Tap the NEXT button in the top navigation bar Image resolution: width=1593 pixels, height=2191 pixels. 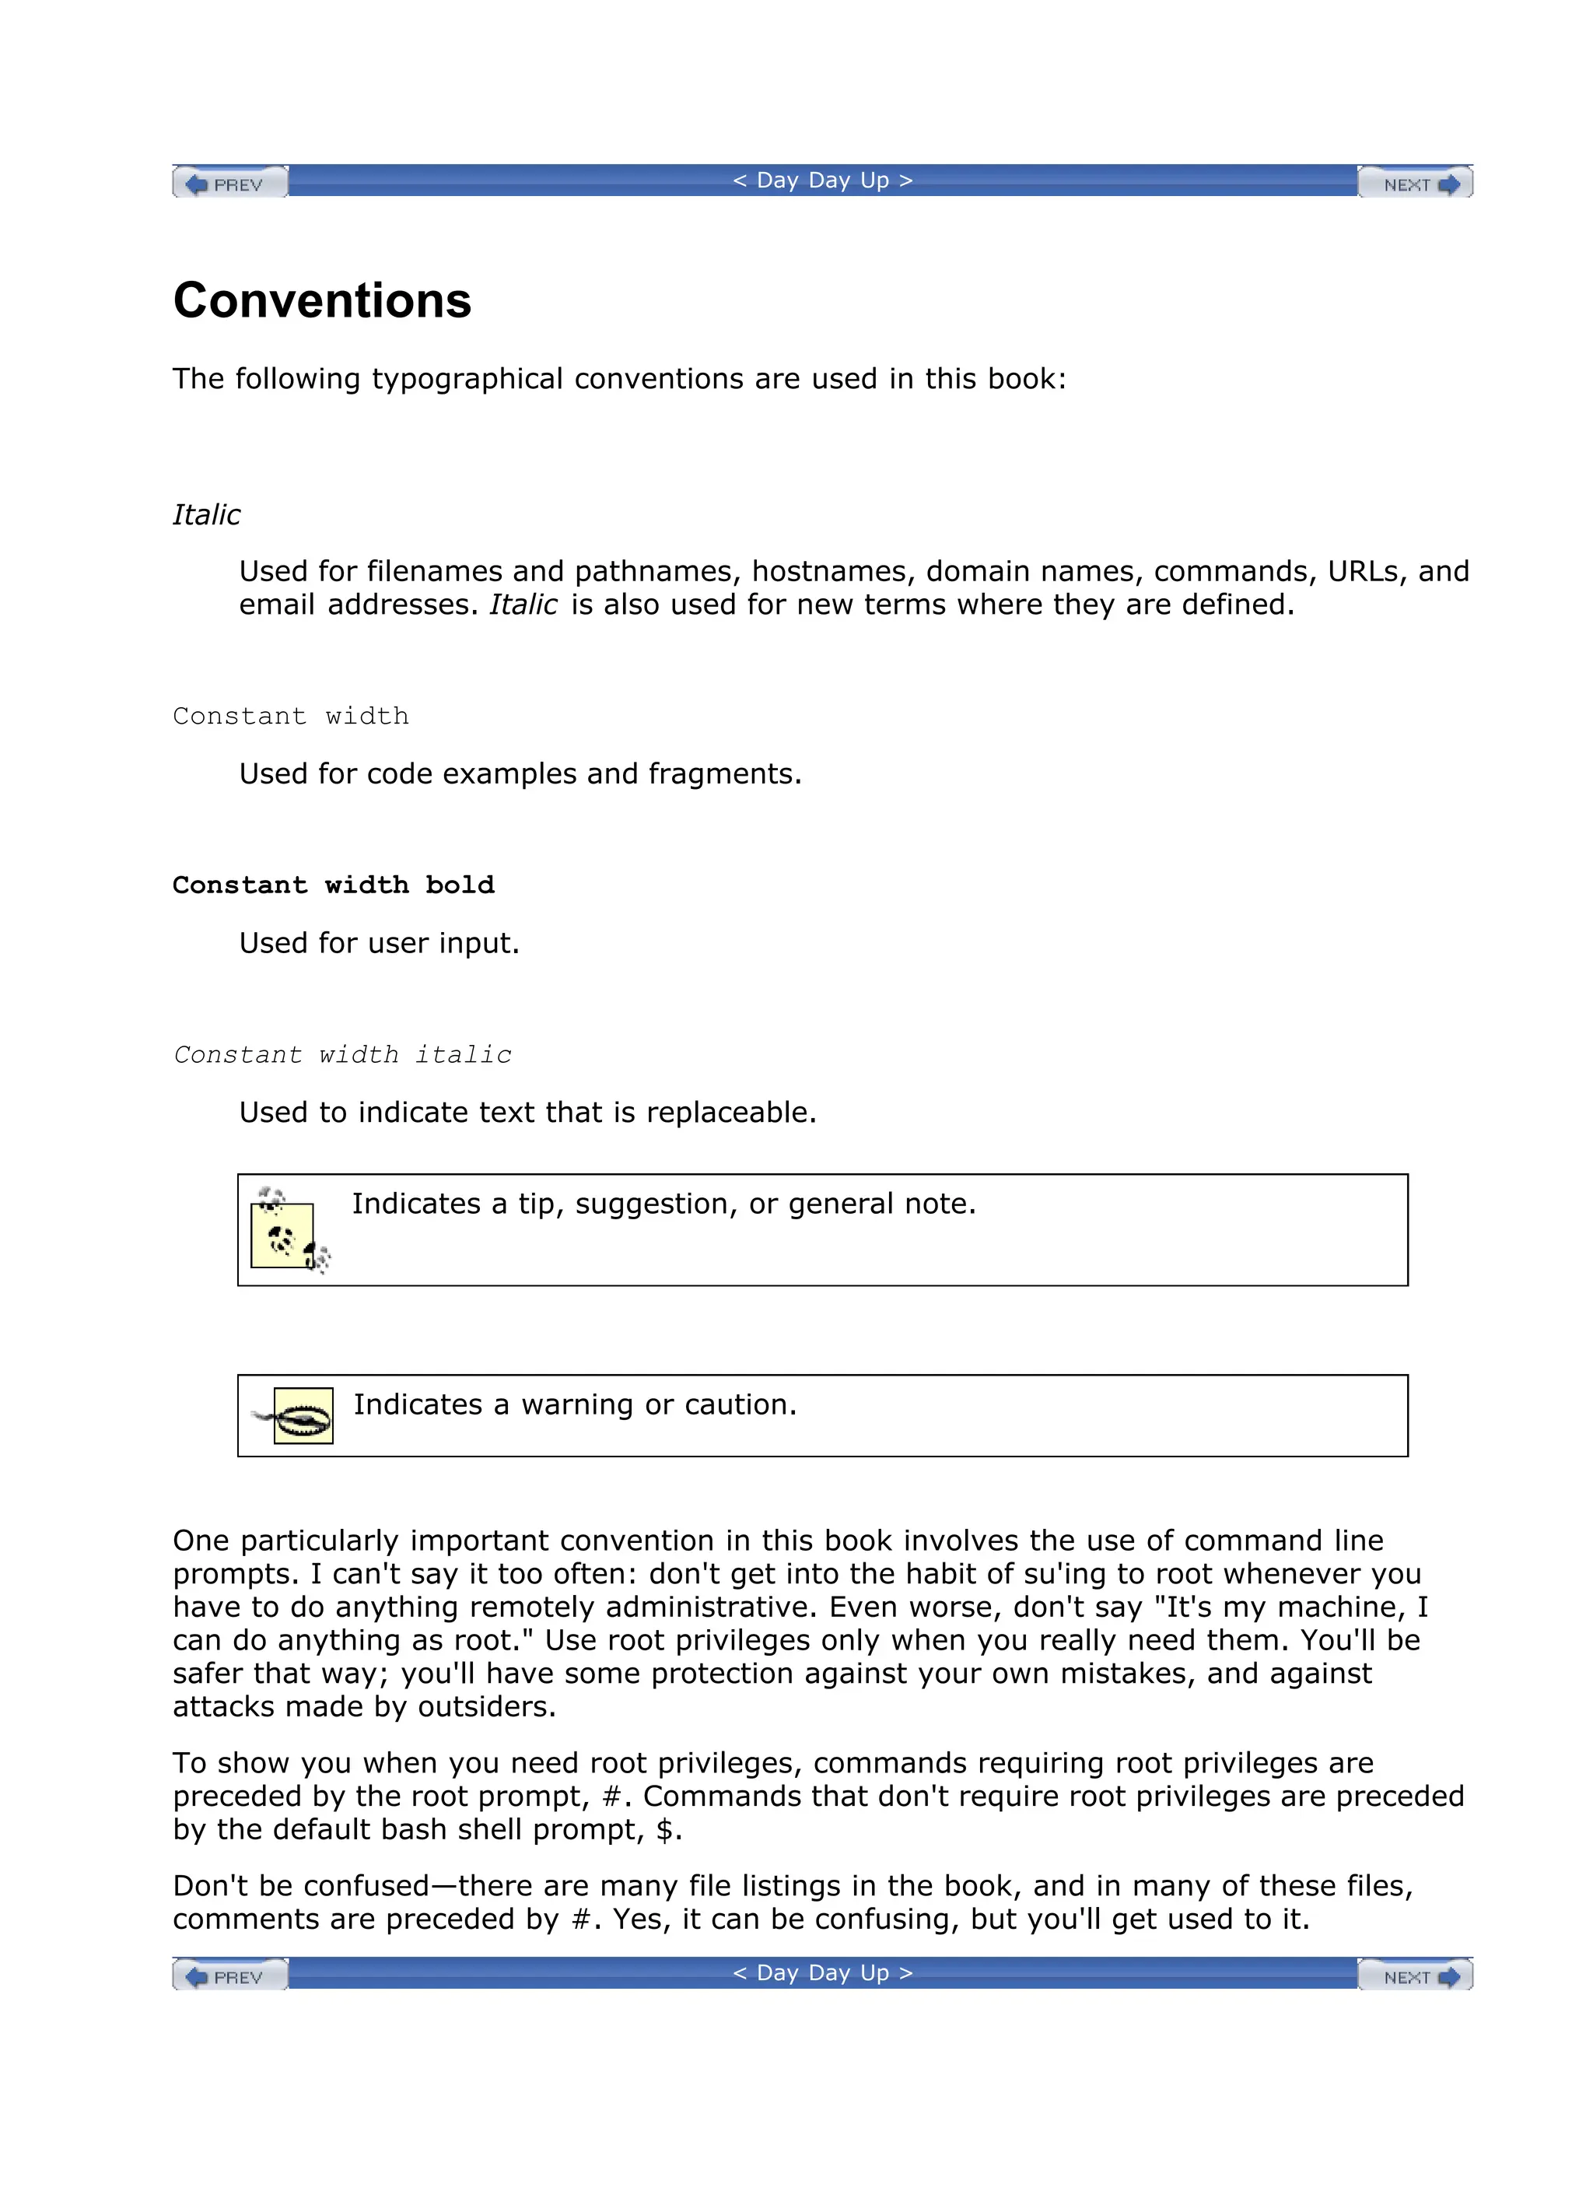point(1414,184)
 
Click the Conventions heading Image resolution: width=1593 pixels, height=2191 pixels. point(322,300)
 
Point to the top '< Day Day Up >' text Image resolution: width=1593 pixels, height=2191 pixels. point(822,181)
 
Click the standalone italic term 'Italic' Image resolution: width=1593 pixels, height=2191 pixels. point(206,515)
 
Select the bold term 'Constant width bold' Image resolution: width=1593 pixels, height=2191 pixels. point(333,885)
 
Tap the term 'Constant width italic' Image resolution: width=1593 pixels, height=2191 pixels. point(342,1055)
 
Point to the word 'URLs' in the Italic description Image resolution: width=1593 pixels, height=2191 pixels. point(1362,572)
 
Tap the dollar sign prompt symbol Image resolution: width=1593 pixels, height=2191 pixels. point(663,1830)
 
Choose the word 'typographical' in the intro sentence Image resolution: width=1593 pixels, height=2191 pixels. point(467,380)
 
